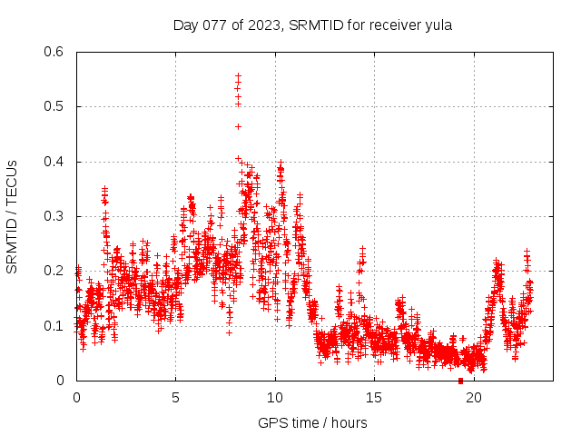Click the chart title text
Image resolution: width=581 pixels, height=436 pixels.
tap(312, 25)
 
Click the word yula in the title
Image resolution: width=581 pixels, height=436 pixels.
tap(438, 25)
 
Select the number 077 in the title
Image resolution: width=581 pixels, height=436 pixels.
tap(213, 25)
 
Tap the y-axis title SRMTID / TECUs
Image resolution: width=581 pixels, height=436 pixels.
tap(13, 216)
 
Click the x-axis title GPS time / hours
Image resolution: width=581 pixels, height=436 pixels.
tap(312, 422)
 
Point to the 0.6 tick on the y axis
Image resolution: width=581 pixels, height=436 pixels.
tap(56, 52)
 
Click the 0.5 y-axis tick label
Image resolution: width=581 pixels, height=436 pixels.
tap(56, 106)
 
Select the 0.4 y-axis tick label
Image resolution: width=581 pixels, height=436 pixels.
tap(56, 162)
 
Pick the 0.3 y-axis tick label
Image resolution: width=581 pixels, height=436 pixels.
tap(56, 216)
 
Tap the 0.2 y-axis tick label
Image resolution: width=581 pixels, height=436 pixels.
tap(56, 271)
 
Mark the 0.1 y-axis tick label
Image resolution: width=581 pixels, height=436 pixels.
tap(56, 326)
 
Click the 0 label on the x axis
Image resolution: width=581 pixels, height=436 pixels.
tap(76, 397)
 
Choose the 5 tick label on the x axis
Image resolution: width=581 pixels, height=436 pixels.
tap(176, 397)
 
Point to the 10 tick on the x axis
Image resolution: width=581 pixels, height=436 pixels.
tap(275, 397)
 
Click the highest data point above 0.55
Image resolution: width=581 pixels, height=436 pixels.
tap(238, 75)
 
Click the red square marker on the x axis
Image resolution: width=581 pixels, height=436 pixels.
tap(460, 381)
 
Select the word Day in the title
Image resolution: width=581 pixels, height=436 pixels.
tap(185, 25)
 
